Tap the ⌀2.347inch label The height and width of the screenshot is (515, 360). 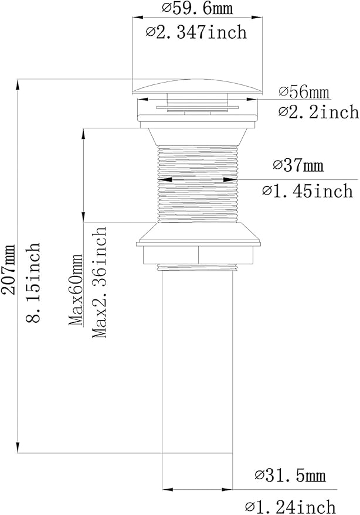(196, 32)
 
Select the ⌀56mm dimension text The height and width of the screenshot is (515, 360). (304, 92)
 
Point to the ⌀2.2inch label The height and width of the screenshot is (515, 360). (318, 112)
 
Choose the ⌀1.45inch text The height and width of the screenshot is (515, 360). (307, 191)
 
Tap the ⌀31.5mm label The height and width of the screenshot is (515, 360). (290, 475)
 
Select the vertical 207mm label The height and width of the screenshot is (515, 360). (8, 269)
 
